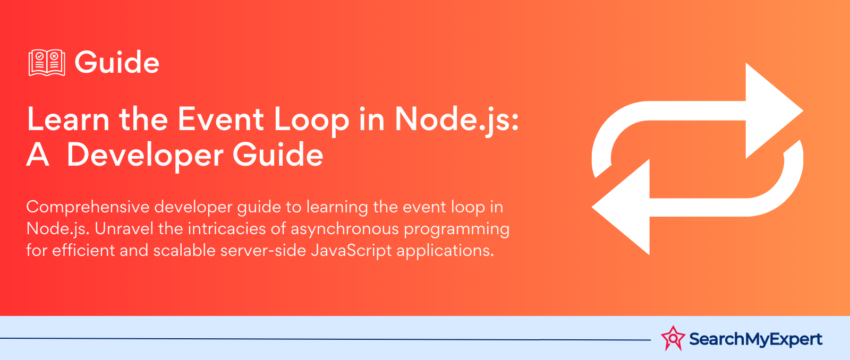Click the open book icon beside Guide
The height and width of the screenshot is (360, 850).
(47, 63)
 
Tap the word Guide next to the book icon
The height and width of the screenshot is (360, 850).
(117, 62)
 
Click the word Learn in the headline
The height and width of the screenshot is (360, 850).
(69, 119)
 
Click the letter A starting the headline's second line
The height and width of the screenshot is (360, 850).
(38, 155)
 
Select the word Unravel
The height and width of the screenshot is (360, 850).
(124, 229)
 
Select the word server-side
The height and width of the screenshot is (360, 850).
(263, 251)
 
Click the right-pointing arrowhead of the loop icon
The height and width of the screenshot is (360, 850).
(775, 110)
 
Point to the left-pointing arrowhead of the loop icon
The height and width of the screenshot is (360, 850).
(621, 207)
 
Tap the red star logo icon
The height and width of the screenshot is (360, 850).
(673, 338)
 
